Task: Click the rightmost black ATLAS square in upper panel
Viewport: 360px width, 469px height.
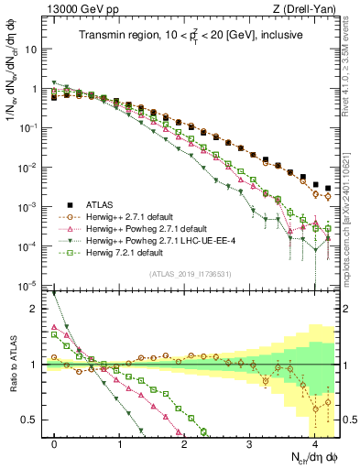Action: pyautogui.click(x=329, y=188)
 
